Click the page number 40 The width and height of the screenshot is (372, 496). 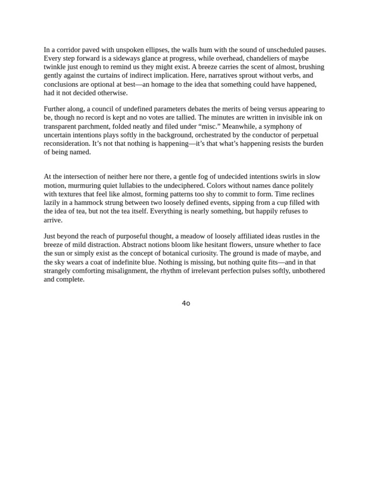186,303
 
